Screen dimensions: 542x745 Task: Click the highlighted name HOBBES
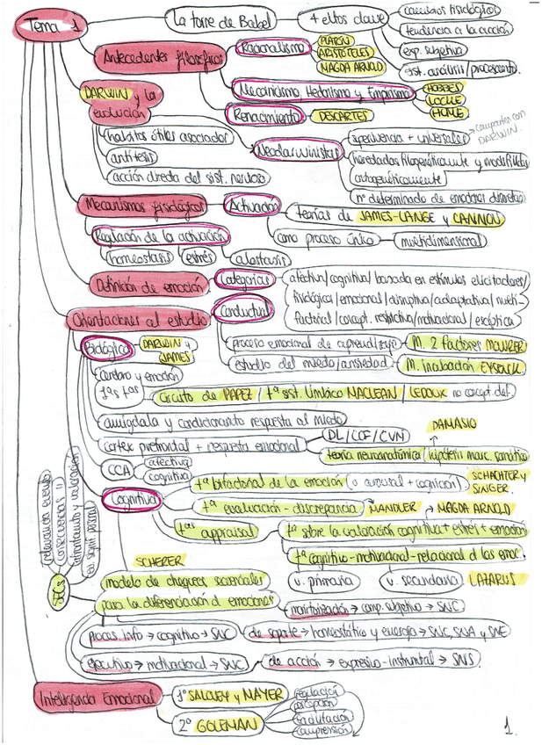pyautogui.click(x=442, y=89)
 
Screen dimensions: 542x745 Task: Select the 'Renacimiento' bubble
pyautogui.click(x=261, y=113)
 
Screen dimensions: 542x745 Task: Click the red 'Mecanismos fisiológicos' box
pyautogui.click(x=141, y=206)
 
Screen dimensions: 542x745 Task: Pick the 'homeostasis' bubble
pyautogui.click(x=138, y=257)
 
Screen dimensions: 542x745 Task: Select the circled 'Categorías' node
pyautogui.click(x=242, y=278)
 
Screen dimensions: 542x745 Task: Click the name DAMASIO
pyautogui.click(x=454, y=423)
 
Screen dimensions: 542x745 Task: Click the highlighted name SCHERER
pyautogui.click(x=160, y=560)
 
